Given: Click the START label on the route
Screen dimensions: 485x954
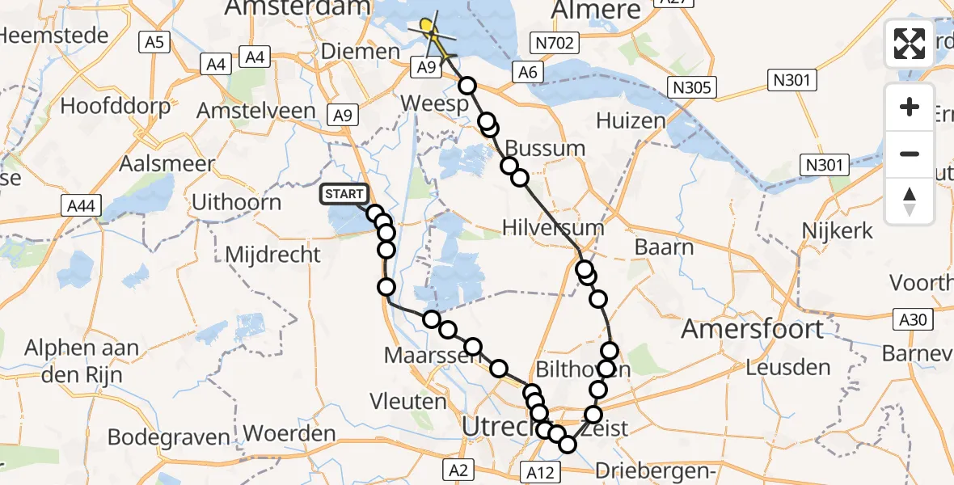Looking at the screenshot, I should point(344,194).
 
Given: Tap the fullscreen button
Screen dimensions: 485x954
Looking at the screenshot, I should point(910,44).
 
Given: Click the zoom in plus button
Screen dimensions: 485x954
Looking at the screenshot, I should point(910,107).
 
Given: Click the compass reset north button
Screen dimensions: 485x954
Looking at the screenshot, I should point(910,201).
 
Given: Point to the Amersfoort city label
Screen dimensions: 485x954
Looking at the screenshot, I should point(753,329).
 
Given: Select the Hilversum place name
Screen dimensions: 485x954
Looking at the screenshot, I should point(553,228).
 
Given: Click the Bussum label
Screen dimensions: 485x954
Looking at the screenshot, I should point(545,149).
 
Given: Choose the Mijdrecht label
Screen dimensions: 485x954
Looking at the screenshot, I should point(272,255).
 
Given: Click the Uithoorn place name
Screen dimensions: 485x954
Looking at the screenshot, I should point(236,202).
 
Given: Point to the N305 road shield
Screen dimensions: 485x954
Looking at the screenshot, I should point(690,86).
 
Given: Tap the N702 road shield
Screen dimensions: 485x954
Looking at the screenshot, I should point(554,43).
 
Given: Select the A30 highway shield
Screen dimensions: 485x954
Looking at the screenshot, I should point(914,320).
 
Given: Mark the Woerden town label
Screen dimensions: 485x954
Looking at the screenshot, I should point(289,434).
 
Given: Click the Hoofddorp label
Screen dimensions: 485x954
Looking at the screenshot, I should point(116,106).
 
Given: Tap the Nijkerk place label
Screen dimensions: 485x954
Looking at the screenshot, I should point(837,231).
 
